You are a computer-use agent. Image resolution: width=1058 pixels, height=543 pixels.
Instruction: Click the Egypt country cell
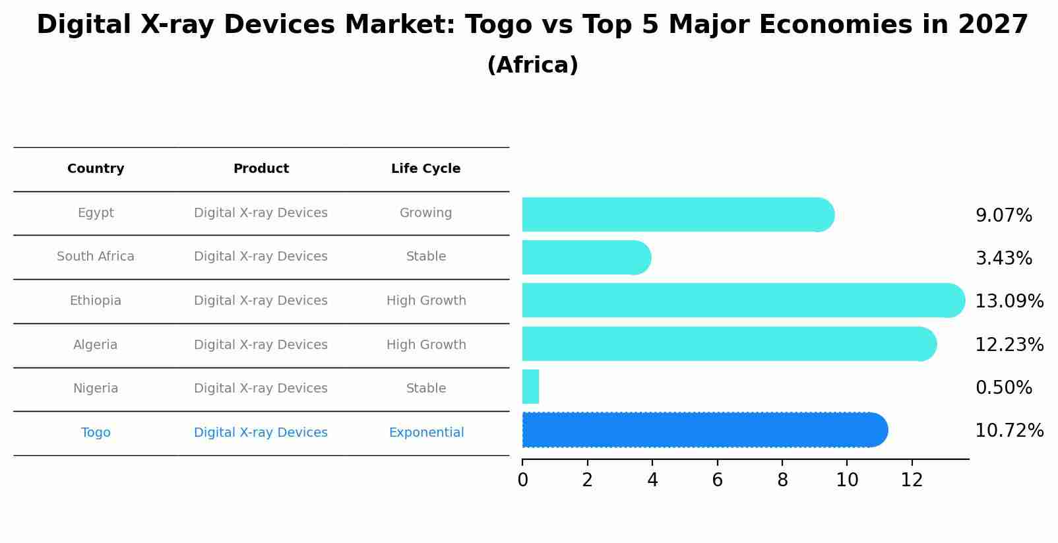[96, 213]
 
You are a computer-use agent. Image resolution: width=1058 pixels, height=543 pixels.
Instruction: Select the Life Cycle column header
[425, 169]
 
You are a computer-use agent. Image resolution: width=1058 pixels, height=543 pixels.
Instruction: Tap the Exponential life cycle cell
[426, 433]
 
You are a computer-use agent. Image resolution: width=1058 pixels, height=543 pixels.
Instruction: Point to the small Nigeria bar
[530, 387]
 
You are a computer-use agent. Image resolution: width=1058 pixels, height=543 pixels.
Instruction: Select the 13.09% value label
[1009, 302]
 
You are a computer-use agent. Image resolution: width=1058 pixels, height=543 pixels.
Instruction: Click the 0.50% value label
[1003, 388]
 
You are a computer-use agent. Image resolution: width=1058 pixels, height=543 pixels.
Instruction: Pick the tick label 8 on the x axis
[782, 480]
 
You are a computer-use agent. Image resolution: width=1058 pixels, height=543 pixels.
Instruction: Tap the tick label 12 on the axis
[912, 480]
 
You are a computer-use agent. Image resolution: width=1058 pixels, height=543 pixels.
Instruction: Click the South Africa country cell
[96, 257]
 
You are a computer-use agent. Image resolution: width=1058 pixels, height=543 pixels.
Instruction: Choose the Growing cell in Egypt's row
[425, 213]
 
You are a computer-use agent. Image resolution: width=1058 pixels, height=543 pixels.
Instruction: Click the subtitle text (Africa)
[532, 65]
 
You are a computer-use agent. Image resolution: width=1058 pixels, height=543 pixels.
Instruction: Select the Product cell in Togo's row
[261, 433]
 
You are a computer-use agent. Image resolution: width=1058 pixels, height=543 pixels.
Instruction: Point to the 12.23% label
[1009, 345]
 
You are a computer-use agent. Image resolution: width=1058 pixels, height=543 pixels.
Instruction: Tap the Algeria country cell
[96, 345]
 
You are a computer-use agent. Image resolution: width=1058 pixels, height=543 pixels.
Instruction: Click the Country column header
[96, 169]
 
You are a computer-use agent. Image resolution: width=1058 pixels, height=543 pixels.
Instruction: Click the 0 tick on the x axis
[522, 480]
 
